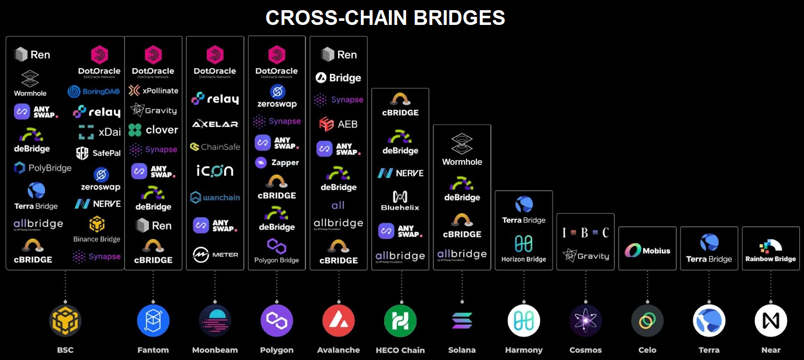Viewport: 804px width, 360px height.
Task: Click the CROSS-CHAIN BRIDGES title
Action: click(x=385, y=18)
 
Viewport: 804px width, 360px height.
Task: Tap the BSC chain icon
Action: click(x=65, y=321)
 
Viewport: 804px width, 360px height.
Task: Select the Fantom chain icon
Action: click(x=153, y=321)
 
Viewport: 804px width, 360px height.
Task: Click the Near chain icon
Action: click(x=770, y=321)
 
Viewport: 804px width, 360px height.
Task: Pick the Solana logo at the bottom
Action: click(x=462, y=321)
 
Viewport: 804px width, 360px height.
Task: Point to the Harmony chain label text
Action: click(x=523, y=350)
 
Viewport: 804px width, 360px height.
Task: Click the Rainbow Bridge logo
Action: click(x=770, y=251)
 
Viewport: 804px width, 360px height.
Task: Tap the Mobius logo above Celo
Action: click(x=647, y=250)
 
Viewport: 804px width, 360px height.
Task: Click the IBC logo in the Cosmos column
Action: click(x=585, y=233)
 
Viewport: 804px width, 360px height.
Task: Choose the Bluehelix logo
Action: click(x=400, y=200)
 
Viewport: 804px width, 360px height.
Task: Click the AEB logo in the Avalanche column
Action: click(x=338, y=124)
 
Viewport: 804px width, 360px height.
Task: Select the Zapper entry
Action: click(x=277, y=163)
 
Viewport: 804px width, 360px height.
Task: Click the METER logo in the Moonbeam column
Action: click(x=215, y=254)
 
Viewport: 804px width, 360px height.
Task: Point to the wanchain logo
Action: click(x=215, y=197)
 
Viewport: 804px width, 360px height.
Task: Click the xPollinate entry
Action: click(x=153, y=91)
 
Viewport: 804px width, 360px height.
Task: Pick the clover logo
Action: click(x=153, y=130)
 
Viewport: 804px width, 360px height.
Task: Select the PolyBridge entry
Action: click(x=43, y=168)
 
